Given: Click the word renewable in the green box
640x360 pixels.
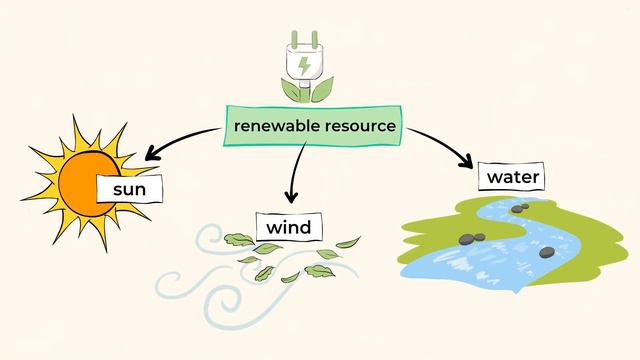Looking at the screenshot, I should coord(276,128).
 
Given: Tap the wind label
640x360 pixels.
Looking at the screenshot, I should coord(288,228).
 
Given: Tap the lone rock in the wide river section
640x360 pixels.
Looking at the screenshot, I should coord(546,252).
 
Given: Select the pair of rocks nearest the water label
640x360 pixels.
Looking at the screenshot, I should coord(519,207).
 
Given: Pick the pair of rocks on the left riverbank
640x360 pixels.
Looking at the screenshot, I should coord(473,238).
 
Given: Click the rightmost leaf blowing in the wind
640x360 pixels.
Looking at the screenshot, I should coord(348,243).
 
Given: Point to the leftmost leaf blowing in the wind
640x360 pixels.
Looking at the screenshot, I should coord(238,238).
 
